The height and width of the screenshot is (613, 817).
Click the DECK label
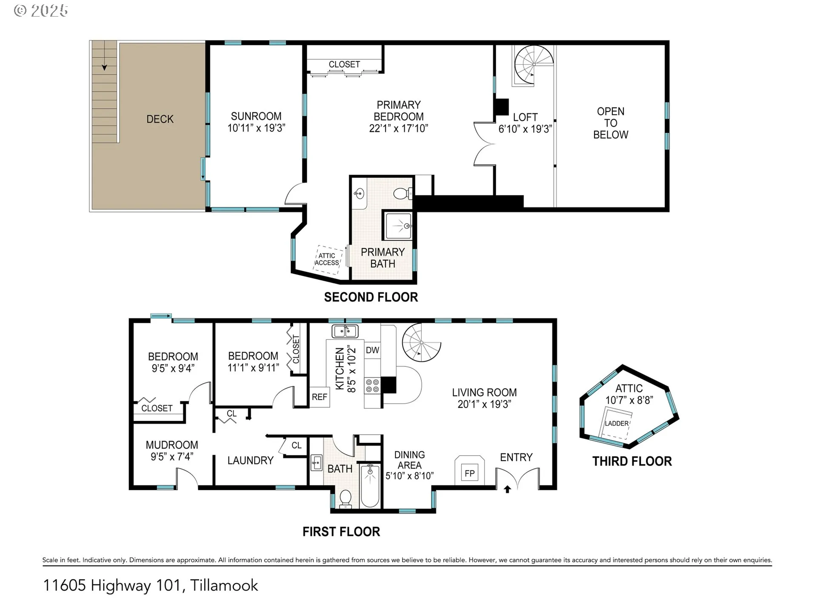[160, 119]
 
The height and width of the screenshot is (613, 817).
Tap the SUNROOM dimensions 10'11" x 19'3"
[256, 128]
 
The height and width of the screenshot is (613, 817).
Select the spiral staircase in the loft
[534, 65]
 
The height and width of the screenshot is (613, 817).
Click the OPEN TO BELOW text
[611, 123]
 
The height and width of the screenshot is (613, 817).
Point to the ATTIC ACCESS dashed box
[328, 257]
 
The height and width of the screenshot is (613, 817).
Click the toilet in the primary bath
[403, 194]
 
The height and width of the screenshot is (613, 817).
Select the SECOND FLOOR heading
[371, 297]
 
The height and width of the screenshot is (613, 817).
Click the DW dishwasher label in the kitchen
[372, 350]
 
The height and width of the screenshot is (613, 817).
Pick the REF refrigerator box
[320, 397]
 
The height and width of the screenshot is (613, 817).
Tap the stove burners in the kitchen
[372, 386]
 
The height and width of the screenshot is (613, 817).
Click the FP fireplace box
[470, 473]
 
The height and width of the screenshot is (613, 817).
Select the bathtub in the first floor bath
[370, 486]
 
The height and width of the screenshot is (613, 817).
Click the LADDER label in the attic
[617, 424]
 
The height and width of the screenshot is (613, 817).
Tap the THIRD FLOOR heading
[632, 461]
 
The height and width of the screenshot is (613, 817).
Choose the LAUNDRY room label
[250, 461]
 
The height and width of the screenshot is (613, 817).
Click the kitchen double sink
[345, 331]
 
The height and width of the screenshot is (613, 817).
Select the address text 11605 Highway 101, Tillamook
[151, 586]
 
